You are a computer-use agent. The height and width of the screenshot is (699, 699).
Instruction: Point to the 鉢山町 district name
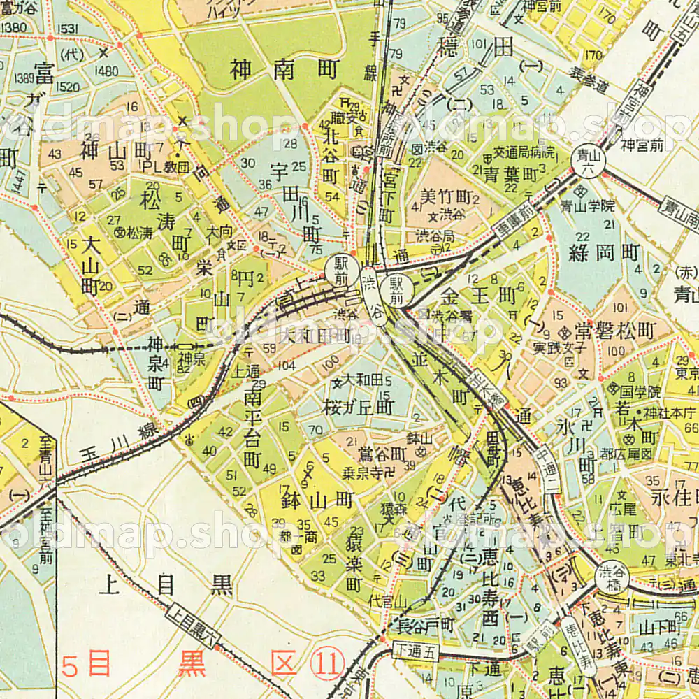tap(316, 500)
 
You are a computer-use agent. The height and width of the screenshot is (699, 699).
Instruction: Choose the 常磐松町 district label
tap(615, 329)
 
